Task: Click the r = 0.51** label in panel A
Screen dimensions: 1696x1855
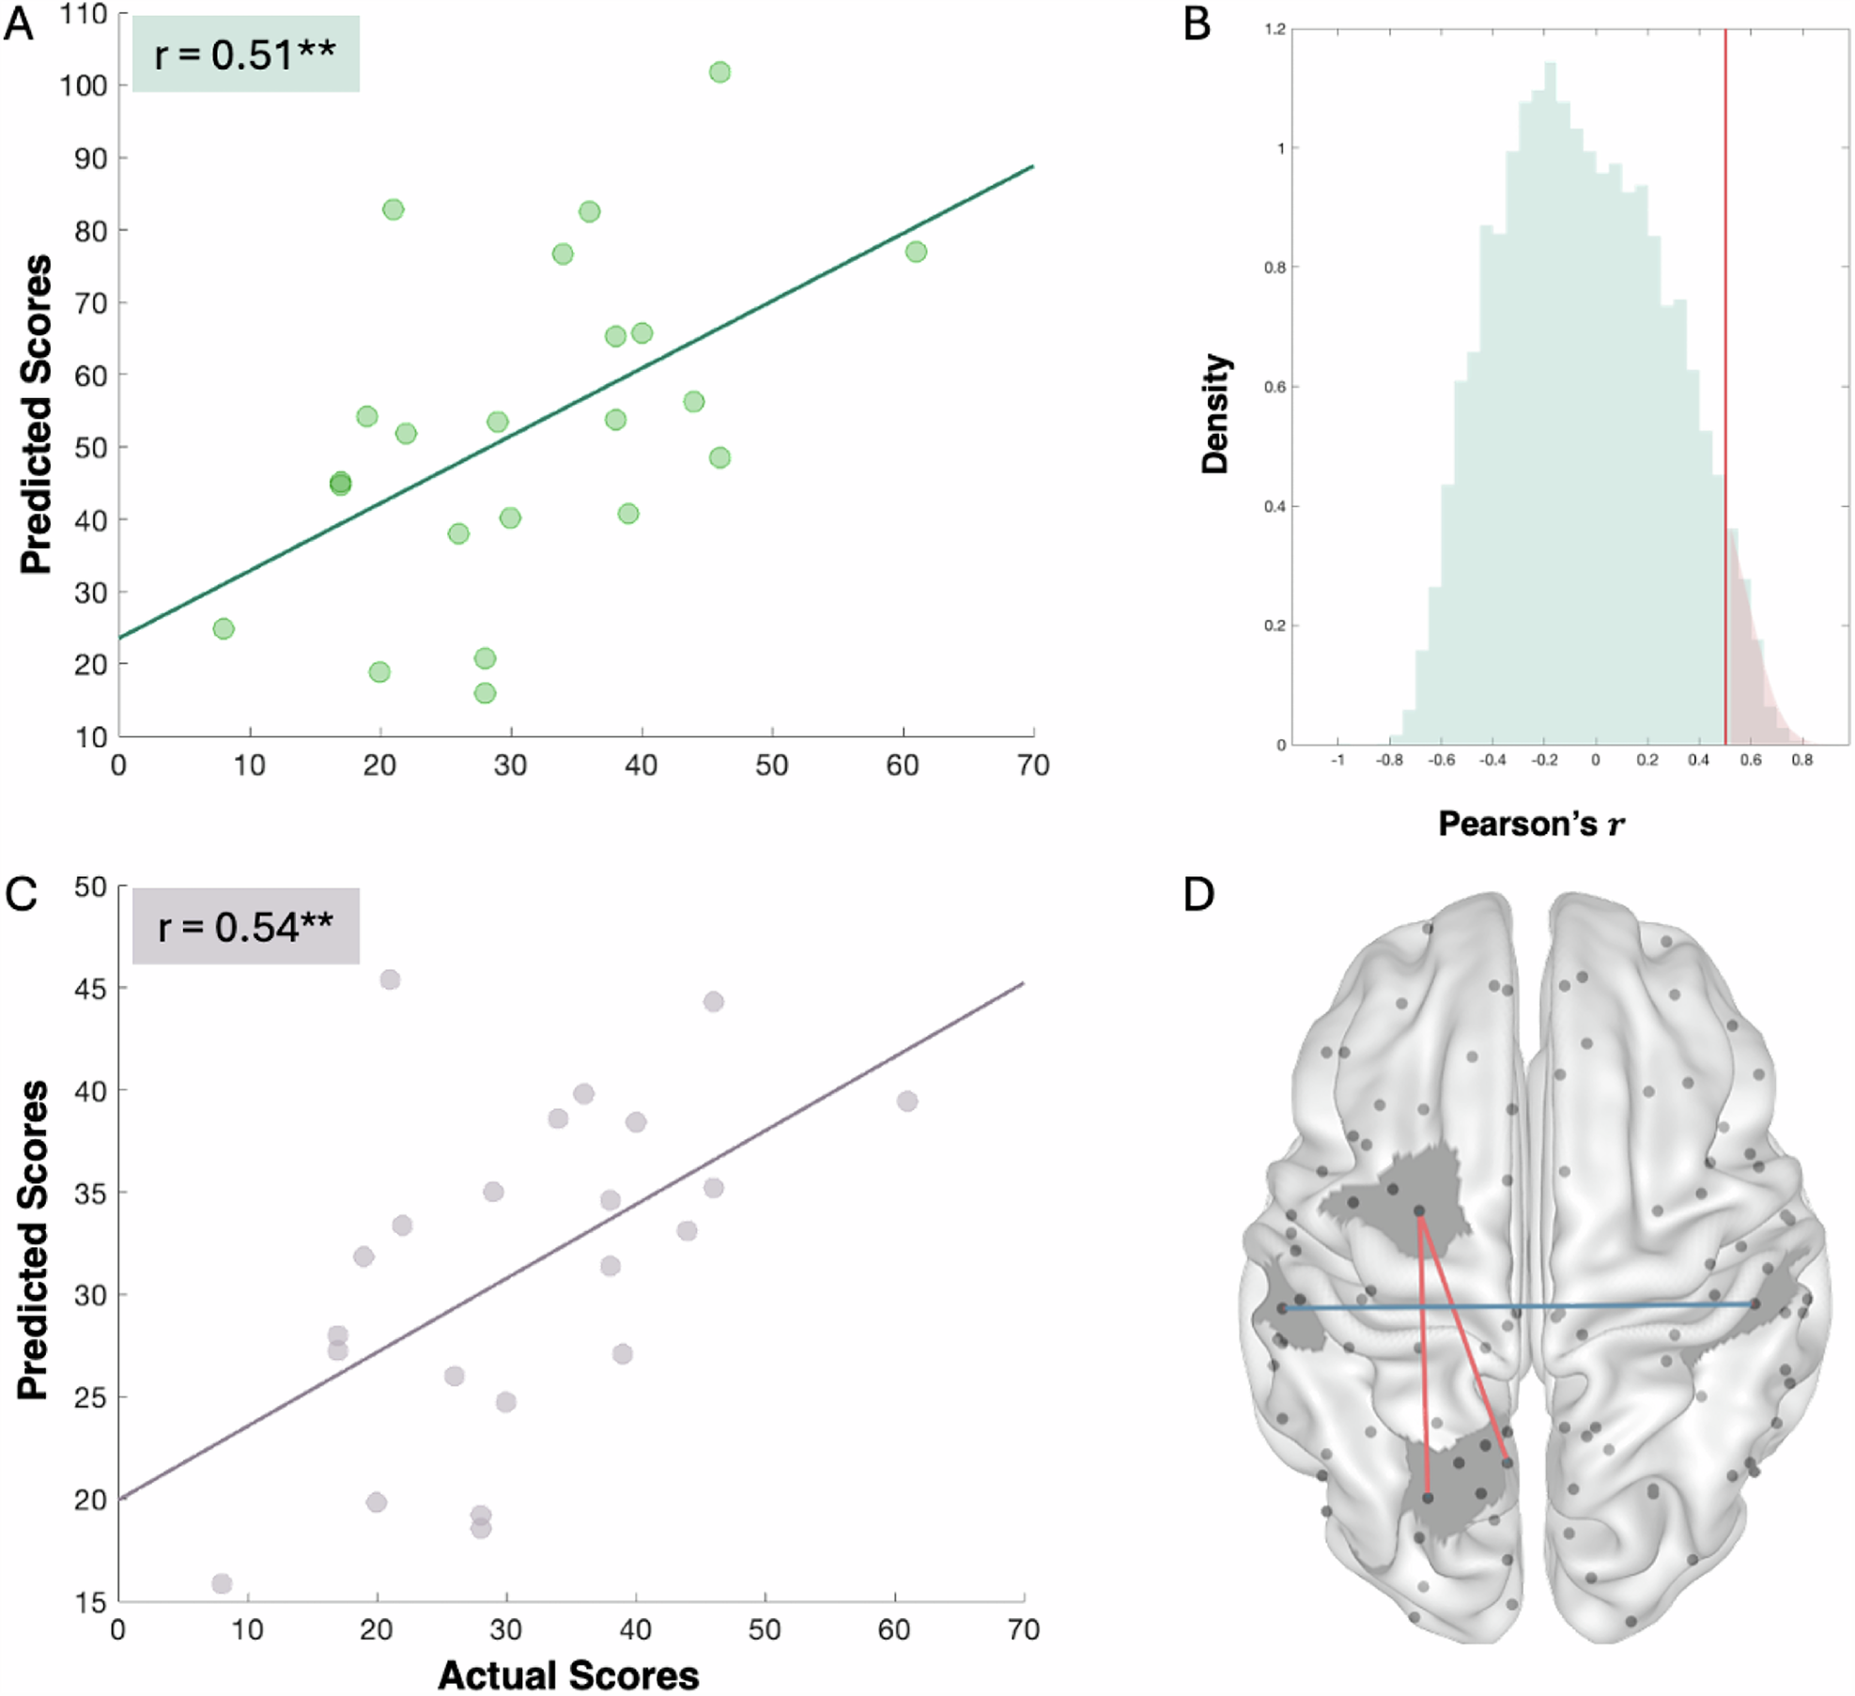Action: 245,54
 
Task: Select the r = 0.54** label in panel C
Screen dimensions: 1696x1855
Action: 245,927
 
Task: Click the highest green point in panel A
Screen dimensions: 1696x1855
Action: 719,72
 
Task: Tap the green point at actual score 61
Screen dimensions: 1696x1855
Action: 916,252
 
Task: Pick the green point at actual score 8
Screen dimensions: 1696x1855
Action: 224,628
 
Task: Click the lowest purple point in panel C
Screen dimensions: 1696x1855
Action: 222,1584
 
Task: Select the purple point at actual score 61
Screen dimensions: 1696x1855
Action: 906,1101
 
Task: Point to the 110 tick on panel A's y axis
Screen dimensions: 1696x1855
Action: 84,14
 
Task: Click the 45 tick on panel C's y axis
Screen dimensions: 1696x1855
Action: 90,988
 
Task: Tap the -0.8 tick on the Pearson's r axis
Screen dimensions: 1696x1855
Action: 1389,761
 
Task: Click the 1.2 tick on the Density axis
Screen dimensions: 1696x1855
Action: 1275,29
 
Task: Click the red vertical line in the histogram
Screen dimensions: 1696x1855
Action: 1725,376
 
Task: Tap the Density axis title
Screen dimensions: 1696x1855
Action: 1216,413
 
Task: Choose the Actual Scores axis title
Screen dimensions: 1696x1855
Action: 568,1675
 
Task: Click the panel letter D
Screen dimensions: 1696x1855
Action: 1199,895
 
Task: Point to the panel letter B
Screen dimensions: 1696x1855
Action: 1198,23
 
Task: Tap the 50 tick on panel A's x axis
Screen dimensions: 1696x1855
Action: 772,765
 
